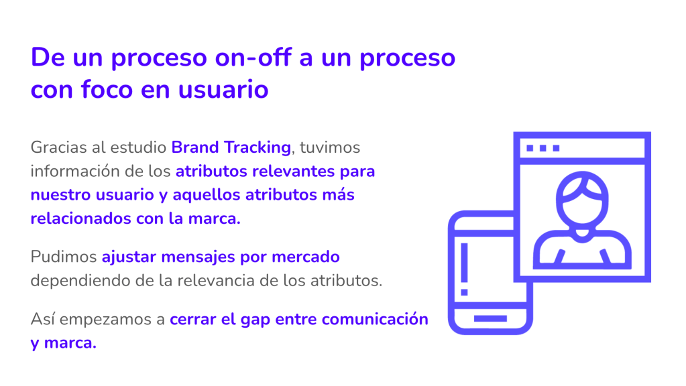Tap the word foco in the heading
click(107, 89)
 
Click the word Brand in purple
click(195, 147)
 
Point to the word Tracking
click(258, 147)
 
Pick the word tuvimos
click(330, 147)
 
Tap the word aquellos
click(207, 195)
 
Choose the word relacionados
click(81, 218)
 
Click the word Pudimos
click(64, 257)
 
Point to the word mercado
click(305, 257)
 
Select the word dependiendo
click(80, 280)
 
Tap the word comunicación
click(375, 319)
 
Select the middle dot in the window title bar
click(543, 148)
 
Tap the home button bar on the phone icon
click(490, 319)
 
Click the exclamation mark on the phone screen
click(465, 269)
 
